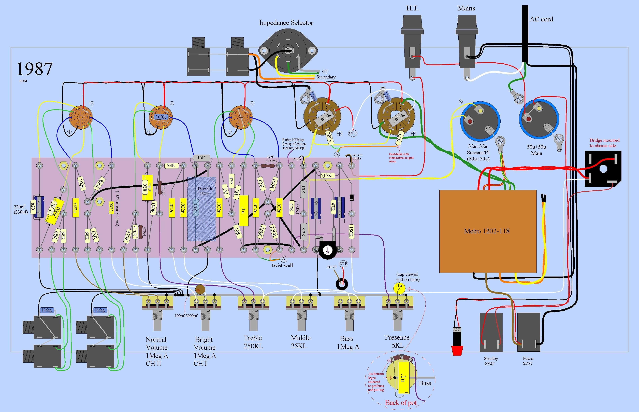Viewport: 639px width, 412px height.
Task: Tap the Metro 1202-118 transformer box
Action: (x=488, y=231)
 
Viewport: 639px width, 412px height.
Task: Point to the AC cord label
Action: (x=541, y=19)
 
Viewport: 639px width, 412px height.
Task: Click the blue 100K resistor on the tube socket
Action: (x=161, y=117)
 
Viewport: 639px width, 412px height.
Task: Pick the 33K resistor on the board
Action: (x=171, y=166)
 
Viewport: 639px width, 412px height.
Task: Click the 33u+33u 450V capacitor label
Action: (x=205, y=191)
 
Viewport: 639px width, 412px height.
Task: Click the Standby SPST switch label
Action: (x=491, y=361)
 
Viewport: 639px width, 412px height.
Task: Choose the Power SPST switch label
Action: (x=528, y=361)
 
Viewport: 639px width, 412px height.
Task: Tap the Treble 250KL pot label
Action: (x=253, y=342)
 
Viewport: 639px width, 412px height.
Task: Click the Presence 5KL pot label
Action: (x=397, y=341)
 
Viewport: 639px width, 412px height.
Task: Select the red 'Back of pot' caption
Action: (x=401, y=403)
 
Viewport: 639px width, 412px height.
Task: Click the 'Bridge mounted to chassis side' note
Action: (x=604, y=143)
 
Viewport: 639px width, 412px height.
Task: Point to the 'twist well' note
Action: (x=282, y=265)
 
